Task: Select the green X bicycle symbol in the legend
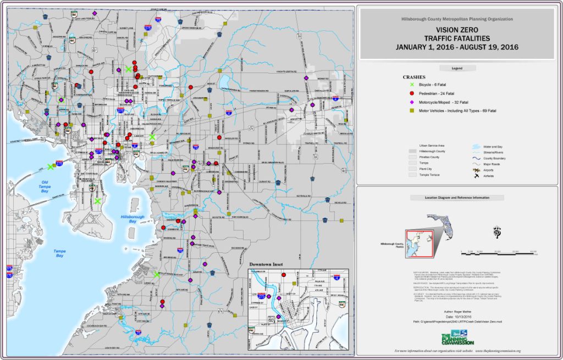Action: tap(412, 84)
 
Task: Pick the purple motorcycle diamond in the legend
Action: tap(412, 103)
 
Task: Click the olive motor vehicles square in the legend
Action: tap(412, 111)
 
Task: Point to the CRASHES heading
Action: tap(413, 77)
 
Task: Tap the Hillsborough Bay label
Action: tap(133, 219)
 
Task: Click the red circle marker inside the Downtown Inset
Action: tap(284, 275)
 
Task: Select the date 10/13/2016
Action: tap(460, 317)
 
